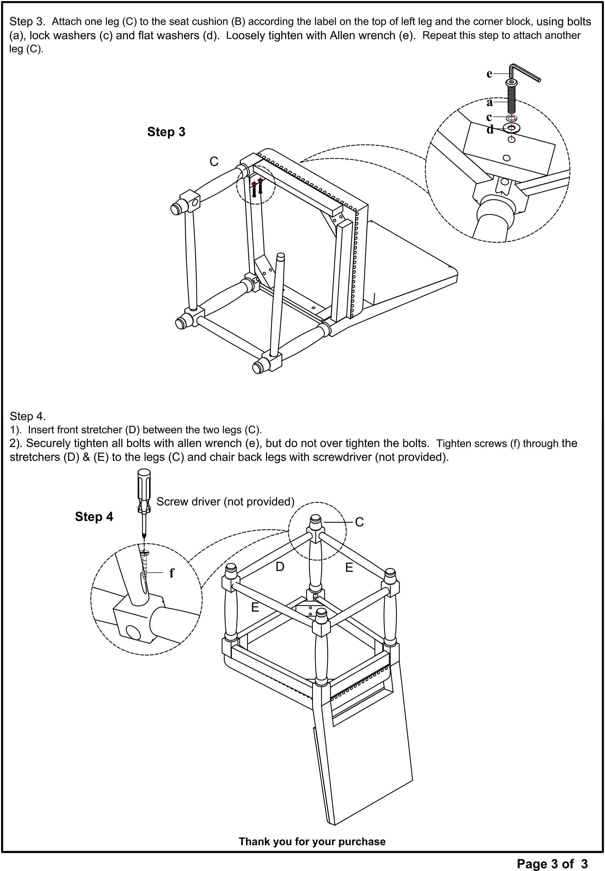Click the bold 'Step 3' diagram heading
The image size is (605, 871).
[166, 132]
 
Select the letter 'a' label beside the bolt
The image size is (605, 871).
[490, 102]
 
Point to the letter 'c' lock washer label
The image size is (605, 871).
[489, 117]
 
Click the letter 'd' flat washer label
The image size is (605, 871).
[490, 130]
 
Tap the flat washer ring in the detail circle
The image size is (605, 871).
[512, 128]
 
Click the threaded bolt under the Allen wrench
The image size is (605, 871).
[512, 97]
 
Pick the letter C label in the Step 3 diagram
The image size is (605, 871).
[214, 162]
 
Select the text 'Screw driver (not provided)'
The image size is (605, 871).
[225, 502]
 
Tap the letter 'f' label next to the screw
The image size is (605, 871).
[172, 573]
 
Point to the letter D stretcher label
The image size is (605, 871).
[280, 567]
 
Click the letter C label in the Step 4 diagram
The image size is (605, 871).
[359, 522]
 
